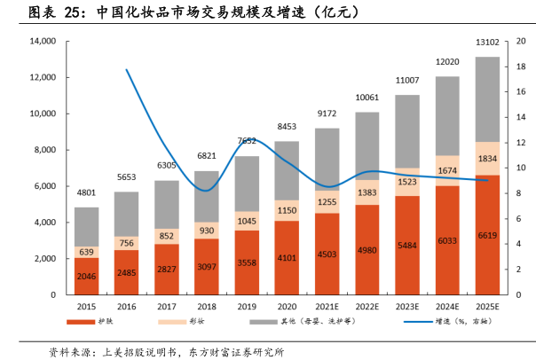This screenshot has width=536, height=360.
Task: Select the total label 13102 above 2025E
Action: (487, 42)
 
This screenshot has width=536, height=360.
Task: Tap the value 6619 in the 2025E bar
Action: (487, 235)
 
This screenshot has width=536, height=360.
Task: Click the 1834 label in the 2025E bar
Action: (487, 159)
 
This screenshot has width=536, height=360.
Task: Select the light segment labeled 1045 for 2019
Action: (247, 221)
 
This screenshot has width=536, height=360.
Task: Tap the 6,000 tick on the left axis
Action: (43, 186)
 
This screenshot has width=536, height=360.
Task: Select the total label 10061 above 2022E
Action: (367, 98)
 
